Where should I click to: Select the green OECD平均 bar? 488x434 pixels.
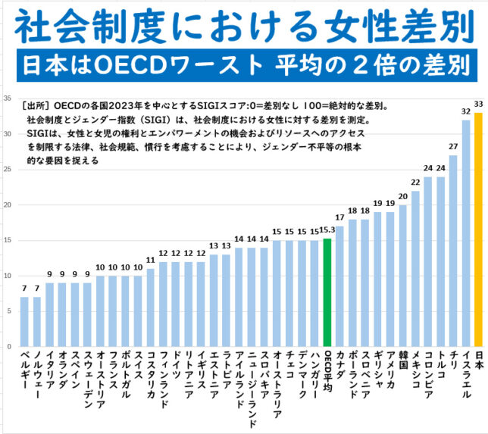tap(327, 292)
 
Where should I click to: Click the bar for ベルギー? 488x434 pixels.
tap(24, 321)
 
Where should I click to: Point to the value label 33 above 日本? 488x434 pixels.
tap(478, 104)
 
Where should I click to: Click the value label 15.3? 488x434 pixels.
tap(327, 229)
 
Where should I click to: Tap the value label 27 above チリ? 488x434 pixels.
tap(453, 146)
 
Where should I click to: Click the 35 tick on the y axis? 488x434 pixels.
tap(7, 98)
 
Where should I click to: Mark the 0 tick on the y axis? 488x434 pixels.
tap(9, 346)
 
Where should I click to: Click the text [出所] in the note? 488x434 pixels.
tap(37, 107)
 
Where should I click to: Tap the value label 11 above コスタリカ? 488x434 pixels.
tap(151, 260)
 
